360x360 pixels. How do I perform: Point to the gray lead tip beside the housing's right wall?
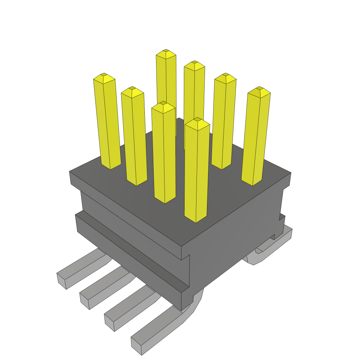(x=287, y=234)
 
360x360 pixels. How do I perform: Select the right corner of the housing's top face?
(x=290, y=173)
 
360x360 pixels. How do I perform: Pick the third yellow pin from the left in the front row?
(x=164, y=155)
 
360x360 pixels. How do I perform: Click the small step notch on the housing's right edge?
(x=282, y=217)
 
